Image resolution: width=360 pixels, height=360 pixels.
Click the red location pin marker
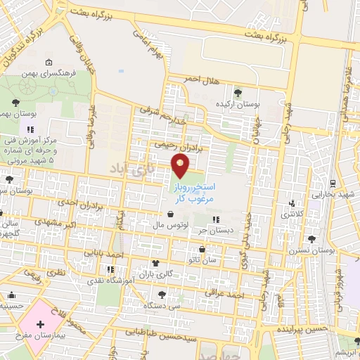click(181, 165)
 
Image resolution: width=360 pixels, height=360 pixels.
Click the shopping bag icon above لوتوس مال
click(172, 214)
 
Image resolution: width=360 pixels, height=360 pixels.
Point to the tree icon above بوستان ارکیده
click(238, 91)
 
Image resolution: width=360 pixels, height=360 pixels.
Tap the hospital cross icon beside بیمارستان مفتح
click(40, 326)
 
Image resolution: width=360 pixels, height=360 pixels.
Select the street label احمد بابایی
click(103, 251)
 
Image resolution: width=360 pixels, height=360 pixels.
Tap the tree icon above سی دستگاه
click(162, 294)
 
